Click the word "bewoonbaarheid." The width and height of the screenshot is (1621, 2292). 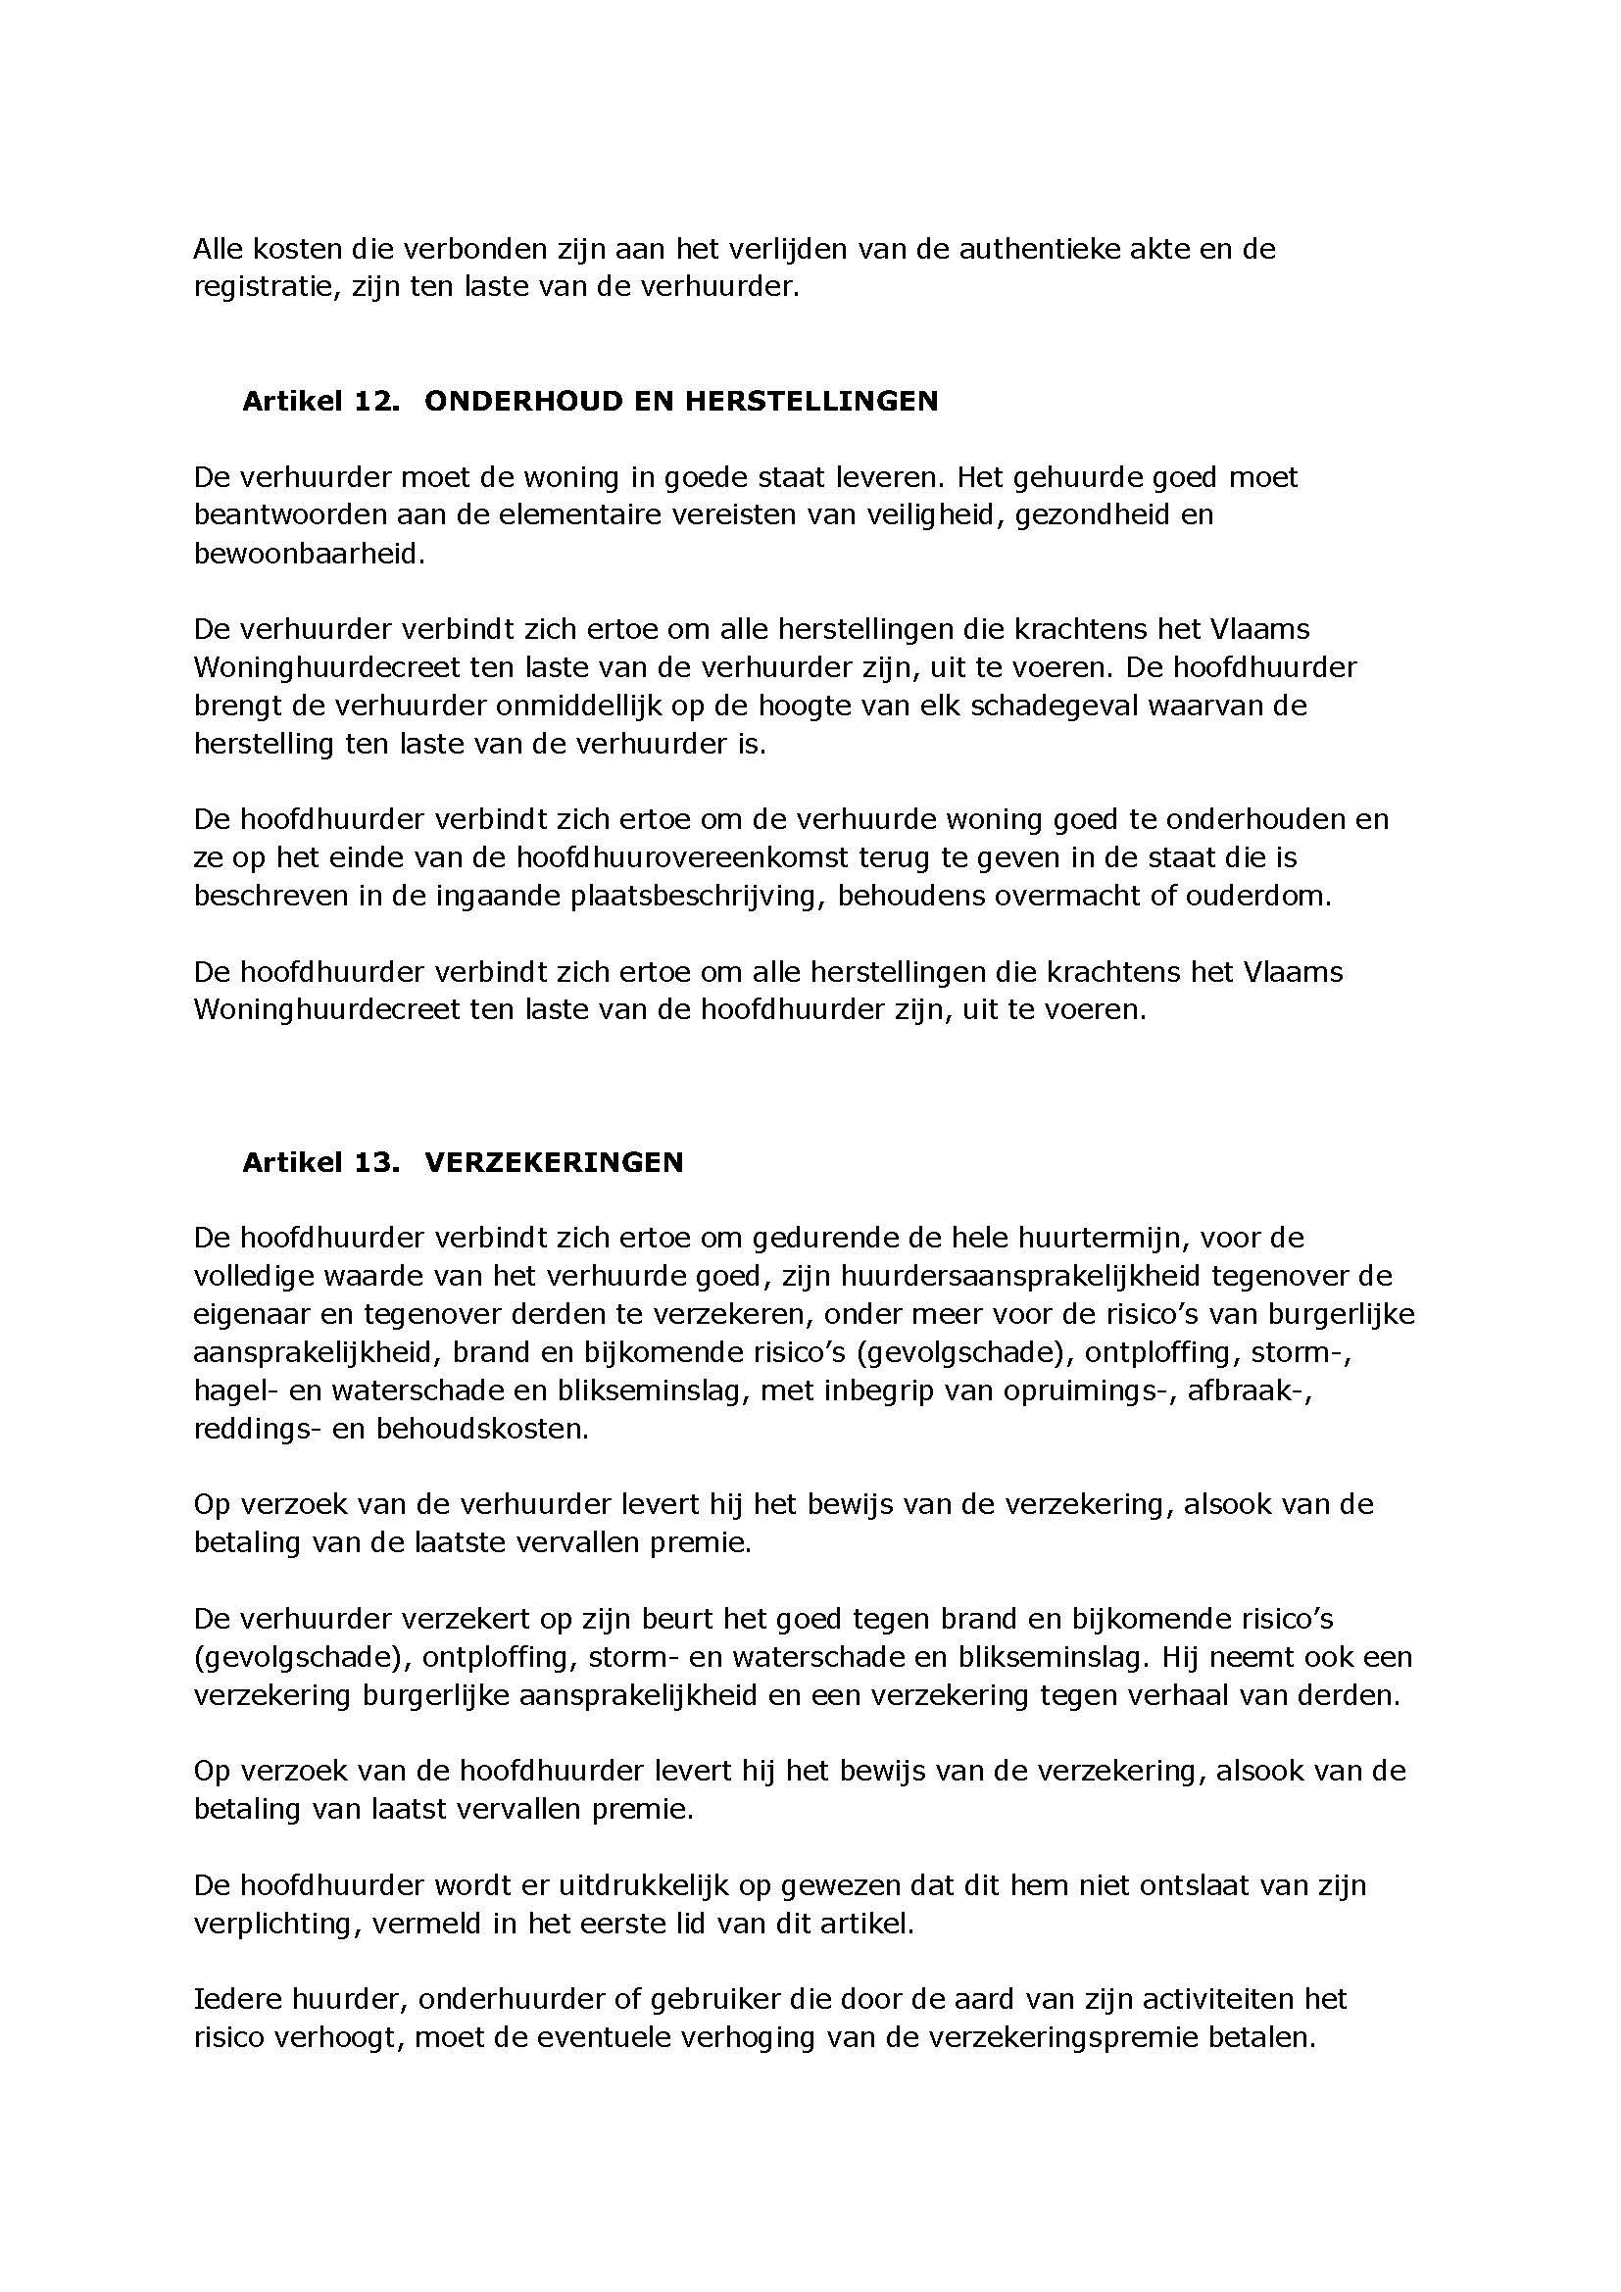310,554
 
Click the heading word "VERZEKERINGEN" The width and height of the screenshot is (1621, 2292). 554,1162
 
